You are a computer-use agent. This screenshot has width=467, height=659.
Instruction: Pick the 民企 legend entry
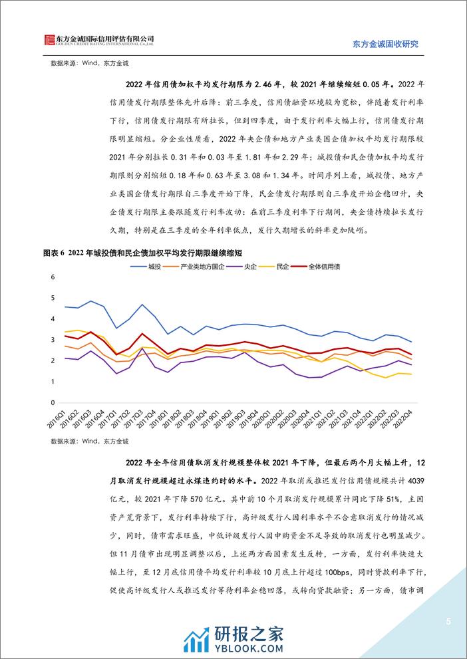tap(282, 267)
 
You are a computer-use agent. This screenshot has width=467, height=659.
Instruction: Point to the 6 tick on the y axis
tap(53, 277)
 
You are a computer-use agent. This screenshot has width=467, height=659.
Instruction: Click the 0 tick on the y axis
tap(53, 403)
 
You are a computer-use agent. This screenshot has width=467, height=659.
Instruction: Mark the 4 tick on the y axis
tap(53, 319)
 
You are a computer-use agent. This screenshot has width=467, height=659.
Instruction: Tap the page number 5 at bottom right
tap(448, 622)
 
